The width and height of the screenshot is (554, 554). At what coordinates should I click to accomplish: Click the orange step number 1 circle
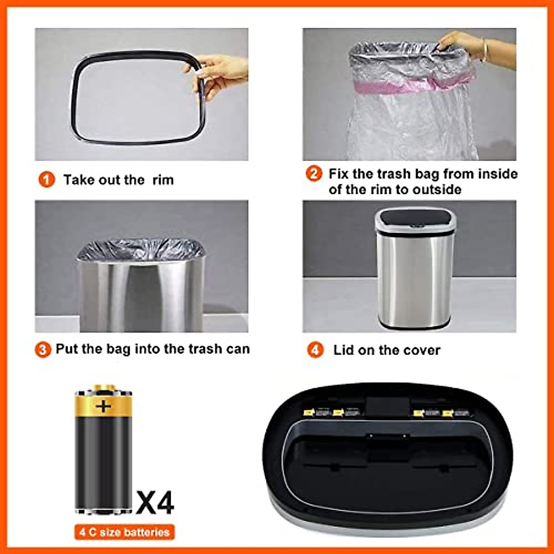46,180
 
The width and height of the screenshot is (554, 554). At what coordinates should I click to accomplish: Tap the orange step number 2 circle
314,174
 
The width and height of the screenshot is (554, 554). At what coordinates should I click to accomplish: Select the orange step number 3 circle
43,349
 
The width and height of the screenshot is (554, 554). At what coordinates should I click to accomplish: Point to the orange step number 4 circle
315,350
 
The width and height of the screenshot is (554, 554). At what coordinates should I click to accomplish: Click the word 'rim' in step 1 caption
163,180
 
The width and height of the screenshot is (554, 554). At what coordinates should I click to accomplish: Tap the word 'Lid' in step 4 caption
343,350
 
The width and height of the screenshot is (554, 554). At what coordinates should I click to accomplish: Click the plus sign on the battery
103,406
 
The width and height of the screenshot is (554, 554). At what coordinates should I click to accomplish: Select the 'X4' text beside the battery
155,503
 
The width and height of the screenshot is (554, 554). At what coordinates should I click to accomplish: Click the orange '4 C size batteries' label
124,532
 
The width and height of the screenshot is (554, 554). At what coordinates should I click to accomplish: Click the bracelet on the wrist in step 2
484,50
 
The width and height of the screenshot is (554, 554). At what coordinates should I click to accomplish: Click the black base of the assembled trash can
414,325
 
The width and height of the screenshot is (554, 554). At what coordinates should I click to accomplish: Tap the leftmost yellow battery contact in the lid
307,412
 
